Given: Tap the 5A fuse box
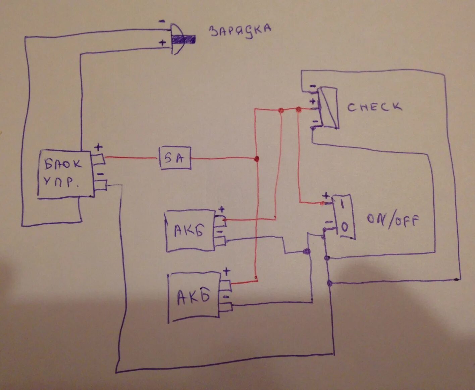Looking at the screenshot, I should click(174, 158).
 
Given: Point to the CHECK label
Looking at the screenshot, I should click(374, 107).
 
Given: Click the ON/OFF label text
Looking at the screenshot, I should click(393, 221).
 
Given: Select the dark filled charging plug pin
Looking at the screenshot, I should click(183, 40).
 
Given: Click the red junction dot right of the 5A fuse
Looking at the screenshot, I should click(257, 159).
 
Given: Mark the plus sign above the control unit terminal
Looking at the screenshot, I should click(99, 147).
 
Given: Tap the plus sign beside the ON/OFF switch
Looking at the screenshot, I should click(325, 196).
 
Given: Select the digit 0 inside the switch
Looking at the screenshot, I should click(345, 228).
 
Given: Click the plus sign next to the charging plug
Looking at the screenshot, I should click(163, 43).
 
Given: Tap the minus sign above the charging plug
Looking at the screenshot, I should click(162, 21).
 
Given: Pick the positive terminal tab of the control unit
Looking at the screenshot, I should click(99, 159).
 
